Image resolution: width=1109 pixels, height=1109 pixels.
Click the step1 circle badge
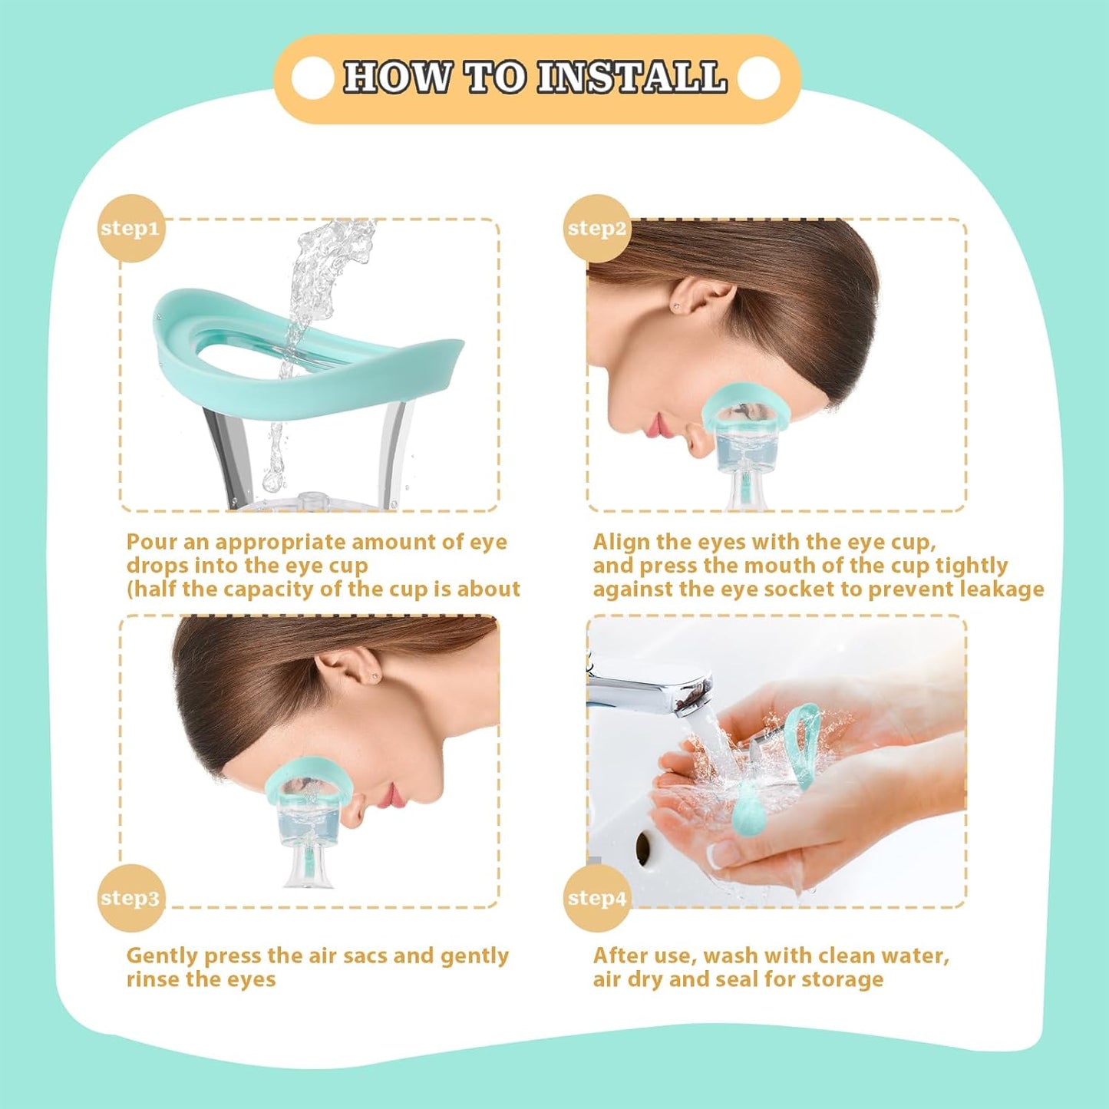[131, 228]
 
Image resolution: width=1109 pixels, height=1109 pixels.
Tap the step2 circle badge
[597, 228]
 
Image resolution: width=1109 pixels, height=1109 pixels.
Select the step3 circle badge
[131, 897]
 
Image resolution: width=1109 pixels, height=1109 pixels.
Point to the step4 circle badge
[597, 897]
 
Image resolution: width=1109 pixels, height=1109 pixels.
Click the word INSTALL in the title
[631, 78]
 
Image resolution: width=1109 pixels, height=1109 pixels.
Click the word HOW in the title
[397, 78]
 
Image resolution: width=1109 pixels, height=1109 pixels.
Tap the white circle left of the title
[313, 78]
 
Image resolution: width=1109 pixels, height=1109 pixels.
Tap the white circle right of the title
[759, 78]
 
